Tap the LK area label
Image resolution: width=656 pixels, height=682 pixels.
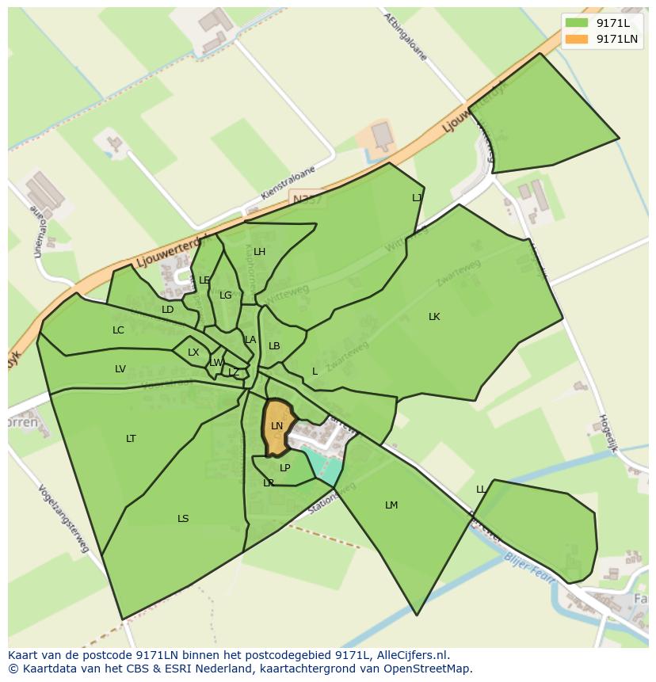coord(434,317)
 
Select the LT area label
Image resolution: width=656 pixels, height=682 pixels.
coord(131,439)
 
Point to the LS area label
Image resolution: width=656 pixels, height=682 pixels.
coord(183,519)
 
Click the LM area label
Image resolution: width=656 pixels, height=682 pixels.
coord(391,505)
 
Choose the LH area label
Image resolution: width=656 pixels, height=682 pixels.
coord(259,253)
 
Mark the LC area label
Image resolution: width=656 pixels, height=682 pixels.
coord(118,330)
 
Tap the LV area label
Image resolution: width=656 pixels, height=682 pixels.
coord(120,369)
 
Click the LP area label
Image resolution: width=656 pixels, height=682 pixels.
coord(285,468)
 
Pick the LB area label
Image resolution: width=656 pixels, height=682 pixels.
coord(274,346)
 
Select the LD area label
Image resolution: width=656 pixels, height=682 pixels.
coord(167,310)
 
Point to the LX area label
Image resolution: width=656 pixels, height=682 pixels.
coord(193,352)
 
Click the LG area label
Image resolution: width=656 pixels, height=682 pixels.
coord(226,295)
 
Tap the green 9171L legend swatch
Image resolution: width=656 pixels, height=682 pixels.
coord(577,23)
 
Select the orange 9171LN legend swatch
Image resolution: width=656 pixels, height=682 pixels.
coord(577,39)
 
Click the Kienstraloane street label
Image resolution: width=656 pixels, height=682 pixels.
coord(288,183)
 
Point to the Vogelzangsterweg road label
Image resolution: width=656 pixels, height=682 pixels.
coord(64,519)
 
